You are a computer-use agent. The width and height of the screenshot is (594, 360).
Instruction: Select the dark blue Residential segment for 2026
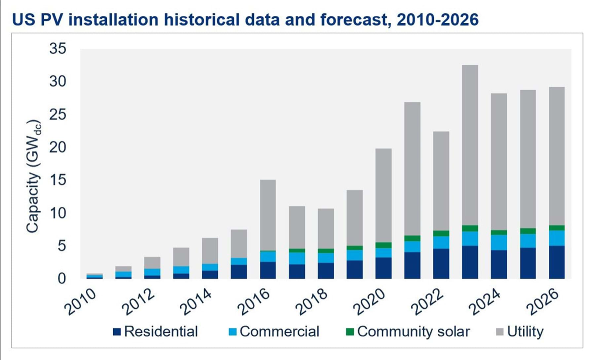coord(556,262)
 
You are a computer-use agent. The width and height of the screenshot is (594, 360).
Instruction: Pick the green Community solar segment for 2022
coord(441,234)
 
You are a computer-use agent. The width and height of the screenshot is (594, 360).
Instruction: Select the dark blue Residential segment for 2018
coord(326,271)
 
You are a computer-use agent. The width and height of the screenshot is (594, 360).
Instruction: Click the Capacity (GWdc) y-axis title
coord(33,177)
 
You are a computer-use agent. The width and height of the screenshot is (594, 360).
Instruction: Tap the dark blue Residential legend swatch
coord(117,332)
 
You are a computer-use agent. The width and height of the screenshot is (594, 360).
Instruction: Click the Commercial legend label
coord(279,331)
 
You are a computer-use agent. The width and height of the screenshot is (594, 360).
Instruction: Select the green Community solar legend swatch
coord(350,332)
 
